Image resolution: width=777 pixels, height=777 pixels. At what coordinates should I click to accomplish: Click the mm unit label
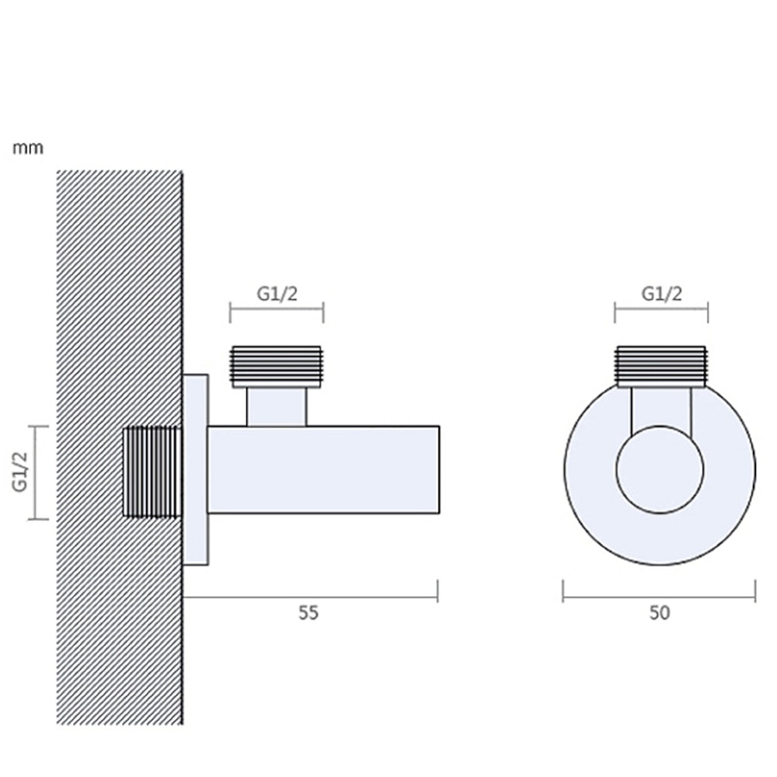[x=28, y=148]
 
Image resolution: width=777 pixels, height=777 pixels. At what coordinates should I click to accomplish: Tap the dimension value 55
[x=308, y=613]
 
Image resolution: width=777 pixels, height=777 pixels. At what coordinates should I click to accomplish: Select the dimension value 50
[x=660, y=613]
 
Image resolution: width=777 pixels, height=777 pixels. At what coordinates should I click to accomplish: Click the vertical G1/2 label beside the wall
[x=20, y=472]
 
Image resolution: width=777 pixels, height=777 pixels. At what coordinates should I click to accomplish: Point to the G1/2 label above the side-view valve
[x=277, y=294]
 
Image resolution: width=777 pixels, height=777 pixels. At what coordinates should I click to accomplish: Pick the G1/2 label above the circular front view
[x=661, y=294]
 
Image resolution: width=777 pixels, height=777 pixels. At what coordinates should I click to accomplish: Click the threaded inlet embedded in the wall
[x=152, y=472]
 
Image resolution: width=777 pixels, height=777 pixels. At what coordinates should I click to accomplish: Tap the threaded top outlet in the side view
[x=277, y=367]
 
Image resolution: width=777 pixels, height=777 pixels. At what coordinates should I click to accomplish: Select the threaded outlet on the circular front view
[x=661, y=367]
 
